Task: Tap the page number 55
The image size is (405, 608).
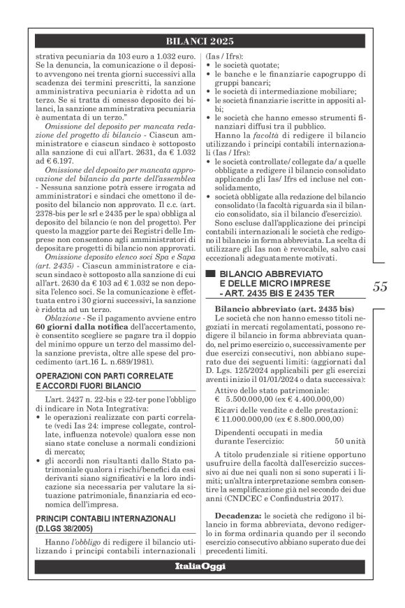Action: (380, 286)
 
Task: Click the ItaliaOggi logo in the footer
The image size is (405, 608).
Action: (202, 584)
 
